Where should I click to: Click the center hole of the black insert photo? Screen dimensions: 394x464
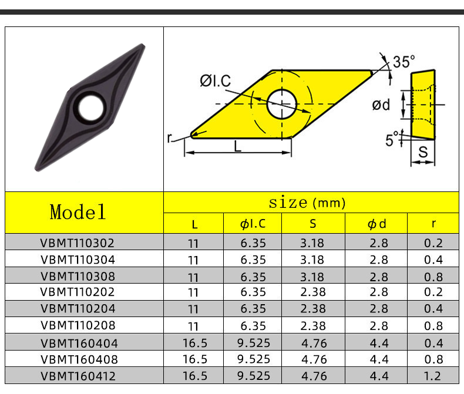tap(90, 107)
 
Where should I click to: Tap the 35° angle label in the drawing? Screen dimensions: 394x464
tap(404, 62)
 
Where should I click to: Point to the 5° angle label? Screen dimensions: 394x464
tap(391, 140)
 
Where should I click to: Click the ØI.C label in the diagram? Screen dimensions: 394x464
tap(215, 80)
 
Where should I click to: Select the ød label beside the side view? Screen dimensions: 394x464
tap(381, 105)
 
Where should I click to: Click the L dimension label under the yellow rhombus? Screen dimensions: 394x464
tap(237, 147)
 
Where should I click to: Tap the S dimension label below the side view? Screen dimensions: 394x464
tap(422, 152)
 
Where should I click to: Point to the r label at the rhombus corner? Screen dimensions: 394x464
tap(170, 138)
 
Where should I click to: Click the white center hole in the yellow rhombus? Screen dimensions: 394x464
tap(281, 104)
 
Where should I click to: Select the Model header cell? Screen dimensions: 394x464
tap(78, 212)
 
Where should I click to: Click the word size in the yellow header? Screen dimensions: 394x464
tap(288, 203)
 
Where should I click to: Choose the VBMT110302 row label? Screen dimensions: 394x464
tap(78, 243)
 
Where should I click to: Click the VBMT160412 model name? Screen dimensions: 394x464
tap(78, 376)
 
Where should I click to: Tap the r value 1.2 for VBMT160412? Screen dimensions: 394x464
tap(433, 376)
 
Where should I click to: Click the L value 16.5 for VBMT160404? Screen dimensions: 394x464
tap(193, 343)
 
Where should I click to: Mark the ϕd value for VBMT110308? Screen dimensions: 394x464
tap(378, 276)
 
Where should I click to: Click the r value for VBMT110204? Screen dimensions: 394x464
tap(433, 309)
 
